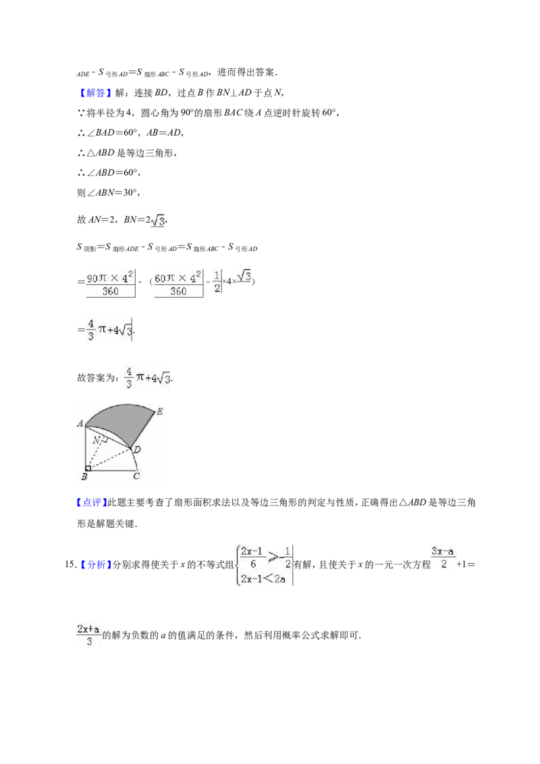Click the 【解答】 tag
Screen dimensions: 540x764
[x=94, y=92]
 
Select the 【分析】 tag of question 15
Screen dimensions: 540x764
[x=96, y=565]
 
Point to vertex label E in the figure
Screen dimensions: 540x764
[x=159, y=412]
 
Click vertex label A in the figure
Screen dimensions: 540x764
[x=80, y=423]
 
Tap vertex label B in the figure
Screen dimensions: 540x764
[x=84, y=476]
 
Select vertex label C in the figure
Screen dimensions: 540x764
[x=136, y=476]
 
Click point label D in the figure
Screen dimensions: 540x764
[x=137, y=449]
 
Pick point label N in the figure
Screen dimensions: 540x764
[x=97, y=441]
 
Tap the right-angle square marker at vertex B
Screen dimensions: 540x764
[x=88, y=468]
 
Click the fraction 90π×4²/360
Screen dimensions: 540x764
[x=111, y=285]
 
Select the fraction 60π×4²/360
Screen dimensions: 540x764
[x=178, y=285]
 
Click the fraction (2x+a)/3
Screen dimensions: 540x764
[x=88, y=635]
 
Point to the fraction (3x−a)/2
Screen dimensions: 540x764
[x=443, y=558]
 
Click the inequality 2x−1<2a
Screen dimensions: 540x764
[x=263, y=579]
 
